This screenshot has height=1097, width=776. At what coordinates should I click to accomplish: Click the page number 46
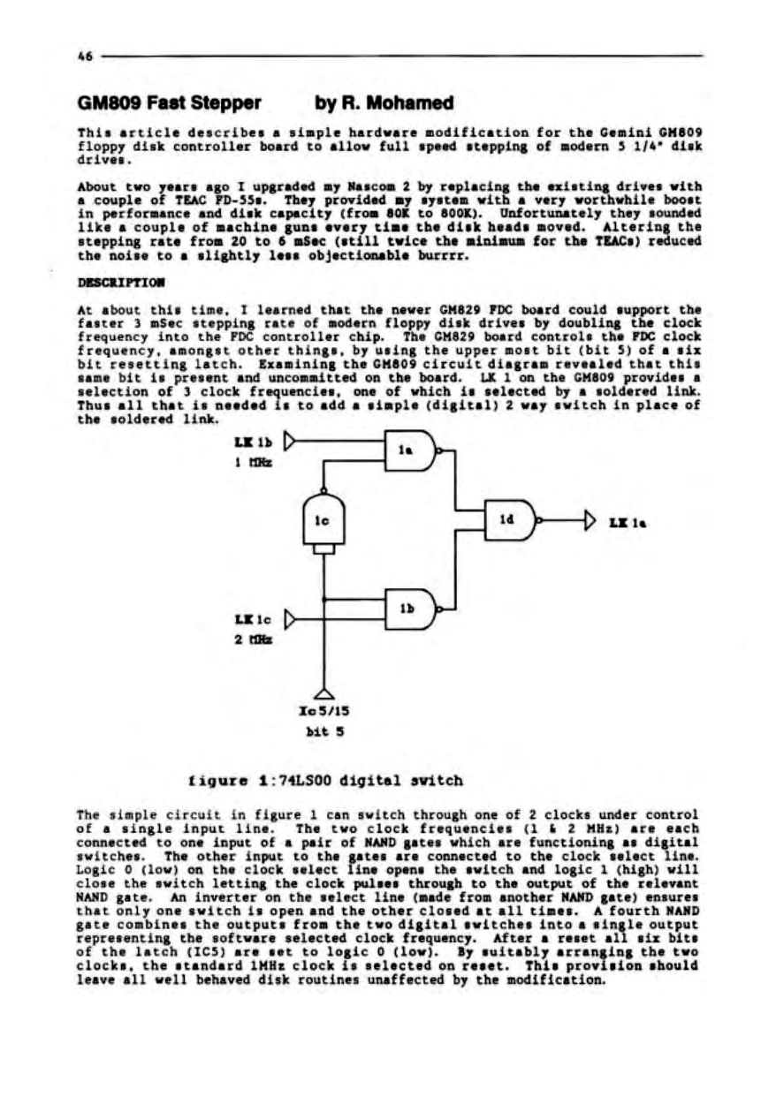pos(85,56)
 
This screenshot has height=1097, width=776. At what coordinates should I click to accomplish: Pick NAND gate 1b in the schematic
pos(408,609)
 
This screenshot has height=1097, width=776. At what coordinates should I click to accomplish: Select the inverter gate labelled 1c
pos(323,520)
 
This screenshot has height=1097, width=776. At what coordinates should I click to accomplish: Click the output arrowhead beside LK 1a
pos(590,519)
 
